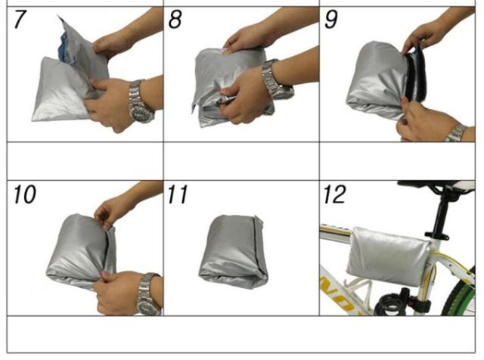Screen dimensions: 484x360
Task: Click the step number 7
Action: point(20,19)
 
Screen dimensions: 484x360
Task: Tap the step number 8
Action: point(175,19)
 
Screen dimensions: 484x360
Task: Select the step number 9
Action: point(331,19)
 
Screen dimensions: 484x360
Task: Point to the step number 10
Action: point(25,194)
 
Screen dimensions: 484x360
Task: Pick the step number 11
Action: point(178,194)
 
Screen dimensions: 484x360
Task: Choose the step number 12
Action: point(334,194)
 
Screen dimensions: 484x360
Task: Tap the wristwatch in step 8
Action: point(276,79)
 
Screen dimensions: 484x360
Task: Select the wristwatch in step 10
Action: point(149,294)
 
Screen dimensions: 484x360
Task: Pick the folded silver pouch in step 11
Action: point(233,252)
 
